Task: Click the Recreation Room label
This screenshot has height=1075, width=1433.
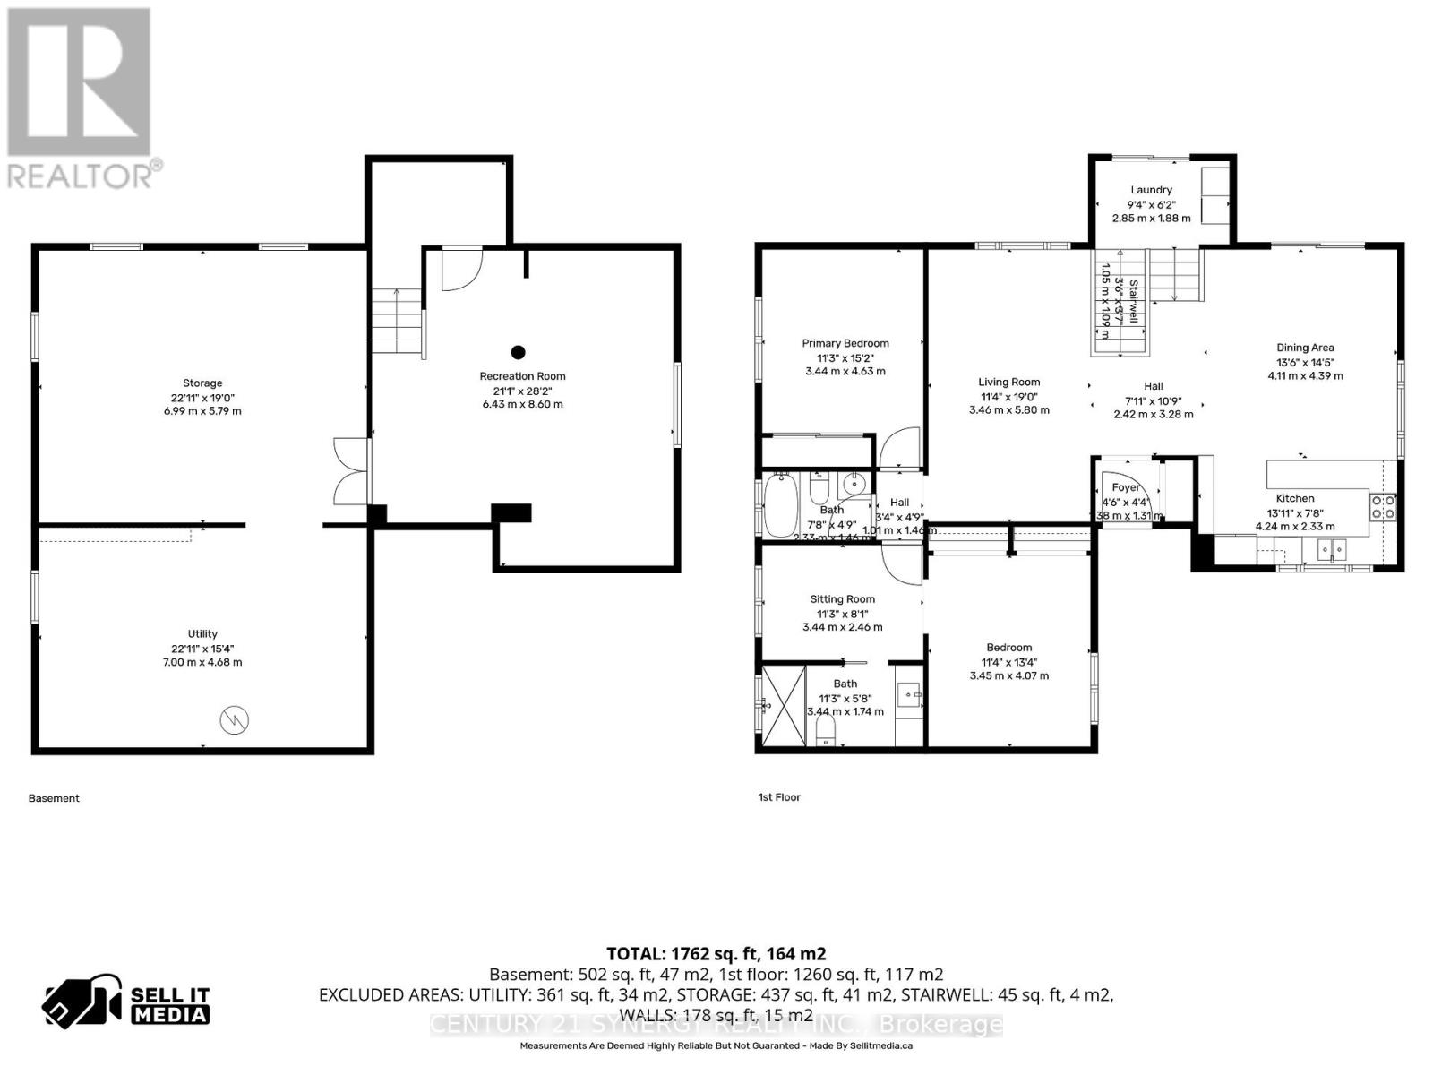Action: point(522,376)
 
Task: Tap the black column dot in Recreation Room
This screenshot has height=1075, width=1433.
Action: point(518,352)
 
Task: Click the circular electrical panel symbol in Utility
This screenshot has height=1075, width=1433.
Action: point(234,719)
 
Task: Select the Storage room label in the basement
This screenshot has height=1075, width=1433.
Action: point(202,383)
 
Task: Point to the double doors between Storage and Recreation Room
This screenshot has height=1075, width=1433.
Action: point(351,472)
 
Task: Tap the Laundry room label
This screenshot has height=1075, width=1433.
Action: point(1151,190)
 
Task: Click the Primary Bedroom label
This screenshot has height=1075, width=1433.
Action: point(845,343)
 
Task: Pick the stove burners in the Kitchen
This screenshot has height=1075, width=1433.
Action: point(1382,508)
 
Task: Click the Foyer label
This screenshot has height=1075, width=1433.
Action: point(1126,488)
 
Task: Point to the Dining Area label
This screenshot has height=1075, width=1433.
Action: point(1305,348)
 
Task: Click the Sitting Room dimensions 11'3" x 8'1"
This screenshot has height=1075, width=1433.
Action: point(842,614)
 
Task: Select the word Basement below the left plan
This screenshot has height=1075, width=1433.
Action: point(54,798)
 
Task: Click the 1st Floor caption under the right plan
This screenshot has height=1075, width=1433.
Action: point(779,797)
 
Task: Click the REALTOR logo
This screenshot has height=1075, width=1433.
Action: point(81,99)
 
